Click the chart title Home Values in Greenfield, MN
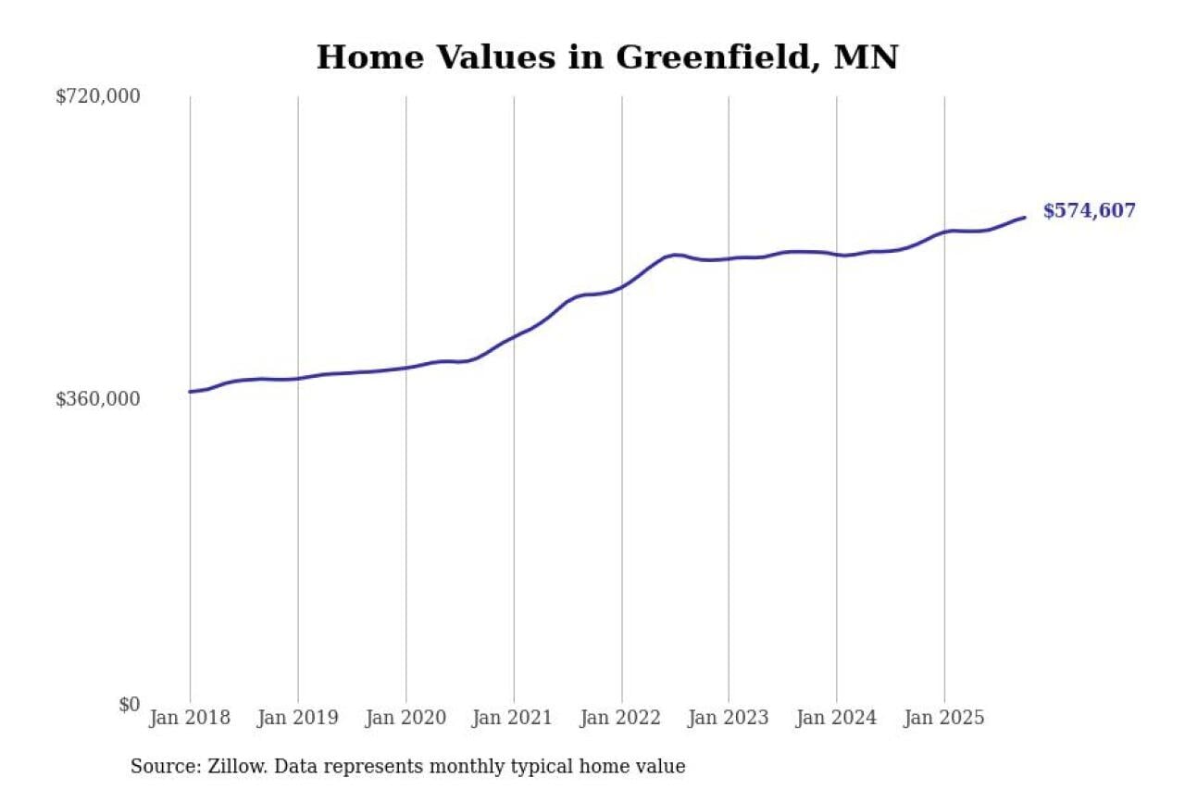click(x=607, y=57)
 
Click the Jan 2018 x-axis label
click(x=190, y=718)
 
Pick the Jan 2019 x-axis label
click(x=297, y=718)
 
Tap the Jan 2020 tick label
click(x=405, y=718)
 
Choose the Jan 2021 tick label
click(x=513, y=718)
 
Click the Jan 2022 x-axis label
click(x=621, y=718)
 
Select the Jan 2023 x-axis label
click(x=729, y=718)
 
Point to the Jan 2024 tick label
click(x=836, y=718)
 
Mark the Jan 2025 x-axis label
click(x=944, y=718)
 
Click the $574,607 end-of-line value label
click(x=1089, y=211)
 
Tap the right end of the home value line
click(x=1025, y=218)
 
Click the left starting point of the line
click(x=190, y=392)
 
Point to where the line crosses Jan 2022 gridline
click(x=621, y=287)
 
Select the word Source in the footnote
click(x=161, y=767)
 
